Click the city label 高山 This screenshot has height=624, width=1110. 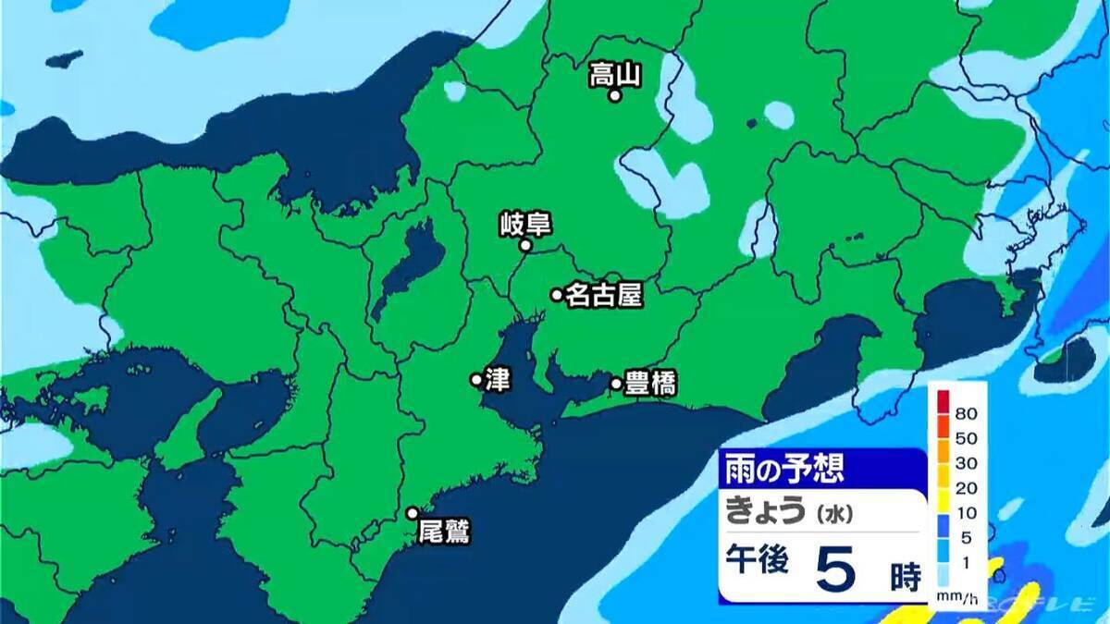pyautogui.click(x=614, y=74)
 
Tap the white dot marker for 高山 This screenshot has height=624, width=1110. pyautogui.click(x=614, y=95)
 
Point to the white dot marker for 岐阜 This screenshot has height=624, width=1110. pyautogui.click(x=524, y=246)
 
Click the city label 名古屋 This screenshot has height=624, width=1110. pyautogui.click(x=603, y=295)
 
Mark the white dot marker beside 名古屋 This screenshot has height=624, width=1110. pyautogui.click(x=557, y=295)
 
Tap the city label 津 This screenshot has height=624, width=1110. pyautogui.click(x=493, y=379)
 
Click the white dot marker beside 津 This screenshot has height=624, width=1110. pyautogui.click(x=475, y=379)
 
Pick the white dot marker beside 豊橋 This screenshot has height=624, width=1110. pyautogui.click(x=616, y=383)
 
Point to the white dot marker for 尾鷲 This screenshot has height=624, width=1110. pyautogui.click(x=413, y=513)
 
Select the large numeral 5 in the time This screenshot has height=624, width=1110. pyautogui.click(x=840, y=570)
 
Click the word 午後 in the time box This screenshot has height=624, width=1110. pyautogui.click(x=756, y=562)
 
